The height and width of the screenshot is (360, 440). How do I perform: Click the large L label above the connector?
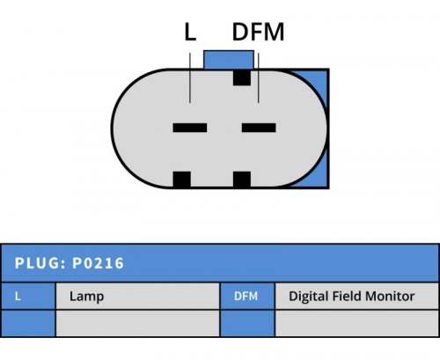pos(190,32)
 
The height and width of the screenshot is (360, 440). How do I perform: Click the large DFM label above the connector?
pos(258,32)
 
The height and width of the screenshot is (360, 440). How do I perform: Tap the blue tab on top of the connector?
pos(229,60)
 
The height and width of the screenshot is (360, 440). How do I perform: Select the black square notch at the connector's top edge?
pos(242,77)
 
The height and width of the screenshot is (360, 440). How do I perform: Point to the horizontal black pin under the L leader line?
pos(190,128)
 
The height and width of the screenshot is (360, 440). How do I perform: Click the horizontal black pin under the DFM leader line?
pos(259,128)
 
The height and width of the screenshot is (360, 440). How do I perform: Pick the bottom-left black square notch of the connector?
pos(182,180)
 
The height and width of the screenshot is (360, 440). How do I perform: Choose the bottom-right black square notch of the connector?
pos(242,180)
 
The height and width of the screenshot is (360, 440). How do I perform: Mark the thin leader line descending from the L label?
pos(190,77)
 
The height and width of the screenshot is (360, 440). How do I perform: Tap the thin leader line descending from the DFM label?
pos(259,77)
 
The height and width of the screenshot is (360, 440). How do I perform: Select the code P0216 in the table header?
pos(98,263)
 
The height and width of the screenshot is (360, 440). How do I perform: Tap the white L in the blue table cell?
pos(18,297)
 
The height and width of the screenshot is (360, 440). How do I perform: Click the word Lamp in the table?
pos(86,297)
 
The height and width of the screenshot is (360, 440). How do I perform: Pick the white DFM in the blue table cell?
pos(246,297)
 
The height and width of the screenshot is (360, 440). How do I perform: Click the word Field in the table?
pos(347,296)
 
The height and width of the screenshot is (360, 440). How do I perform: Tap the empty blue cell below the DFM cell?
pos(247,323)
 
